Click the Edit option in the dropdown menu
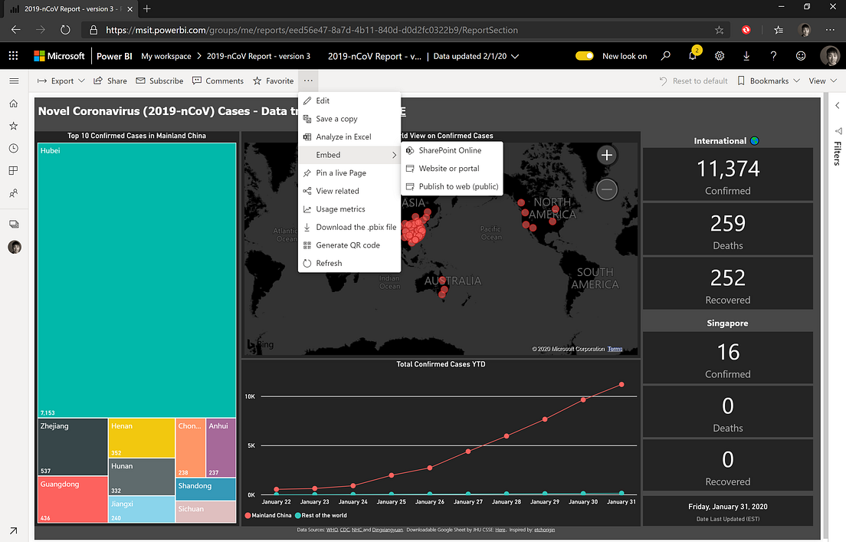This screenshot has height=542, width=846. tap(323, 100)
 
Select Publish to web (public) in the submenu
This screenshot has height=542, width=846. tap(458, 186)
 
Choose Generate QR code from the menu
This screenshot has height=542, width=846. tap(348, 245)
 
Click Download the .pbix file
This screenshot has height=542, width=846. tap(356, 227)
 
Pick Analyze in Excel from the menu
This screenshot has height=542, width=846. tap(343, 136)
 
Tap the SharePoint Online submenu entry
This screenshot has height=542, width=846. tap(450, 150)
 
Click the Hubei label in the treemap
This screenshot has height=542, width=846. tap(51, 151)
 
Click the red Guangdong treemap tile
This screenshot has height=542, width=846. tap(73, 499)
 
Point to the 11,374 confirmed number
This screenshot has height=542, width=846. tap(727, 169)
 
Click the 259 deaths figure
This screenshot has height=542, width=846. tap(727, 223)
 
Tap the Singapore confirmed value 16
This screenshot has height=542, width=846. tap(727, 352)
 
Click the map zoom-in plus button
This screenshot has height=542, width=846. tap(607, 156)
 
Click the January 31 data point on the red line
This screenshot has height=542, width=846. tap(621, 384)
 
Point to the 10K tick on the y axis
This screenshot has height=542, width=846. tap(250, 396)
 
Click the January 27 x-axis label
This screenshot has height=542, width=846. tap(467, 502)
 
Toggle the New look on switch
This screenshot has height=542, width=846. tap(585, 56)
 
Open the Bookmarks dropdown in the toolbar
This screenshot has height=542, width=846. tap(769, 80)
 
